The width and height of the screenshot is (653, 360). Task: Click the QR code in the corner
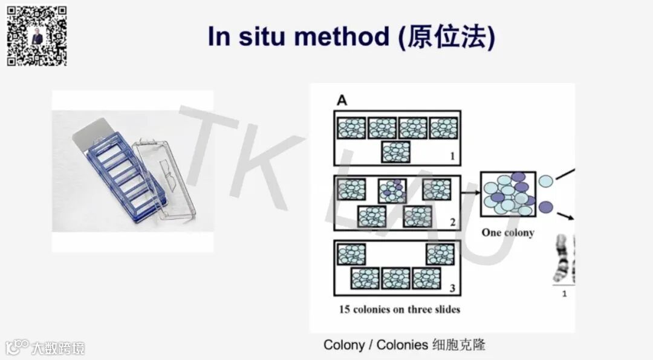click(x=36, y=36)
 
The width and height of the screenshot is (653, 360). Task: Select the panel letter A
click(x=342, y=100)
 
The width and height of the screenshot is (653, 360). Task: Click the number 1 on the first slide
click(x=452, y=156)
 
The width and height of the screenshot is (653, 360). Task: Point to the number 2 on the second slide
click(x=452, y=222)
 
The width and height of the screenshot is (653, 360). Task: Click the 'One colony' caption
click(x=508, y=233)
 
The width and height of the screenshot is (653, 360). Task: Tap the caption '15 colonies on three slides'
click(x=400, y=309)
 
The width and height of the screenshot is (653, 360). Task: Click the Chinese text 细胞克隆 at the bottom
click(x=459, y=345)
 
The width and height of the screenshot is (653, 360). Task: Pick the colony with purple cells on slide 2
click(x=391, y=190)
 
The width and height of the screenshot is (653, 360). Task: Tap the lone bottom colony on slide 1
click(x=396, y=151)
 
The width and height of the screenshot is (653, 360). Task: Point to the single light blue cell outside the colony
click(x=545, y=180)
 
